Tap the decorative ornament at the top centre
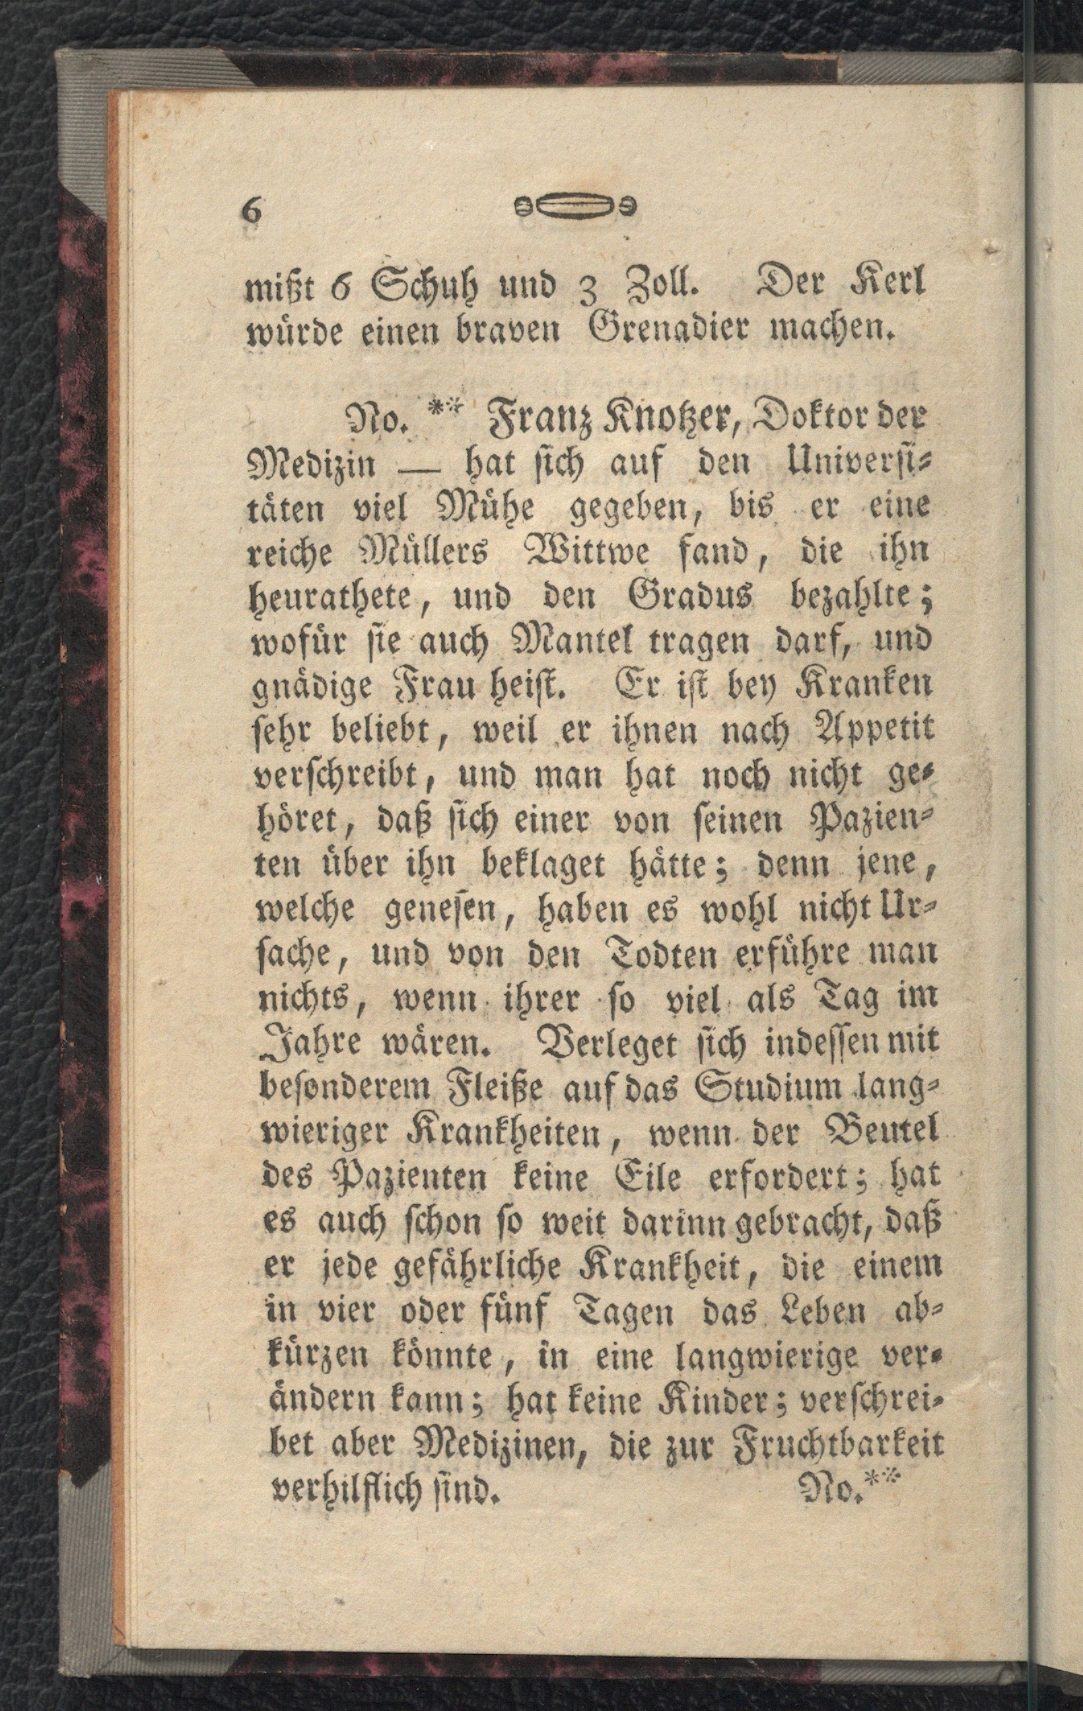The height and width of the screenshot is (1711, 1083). pos(573,207)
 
